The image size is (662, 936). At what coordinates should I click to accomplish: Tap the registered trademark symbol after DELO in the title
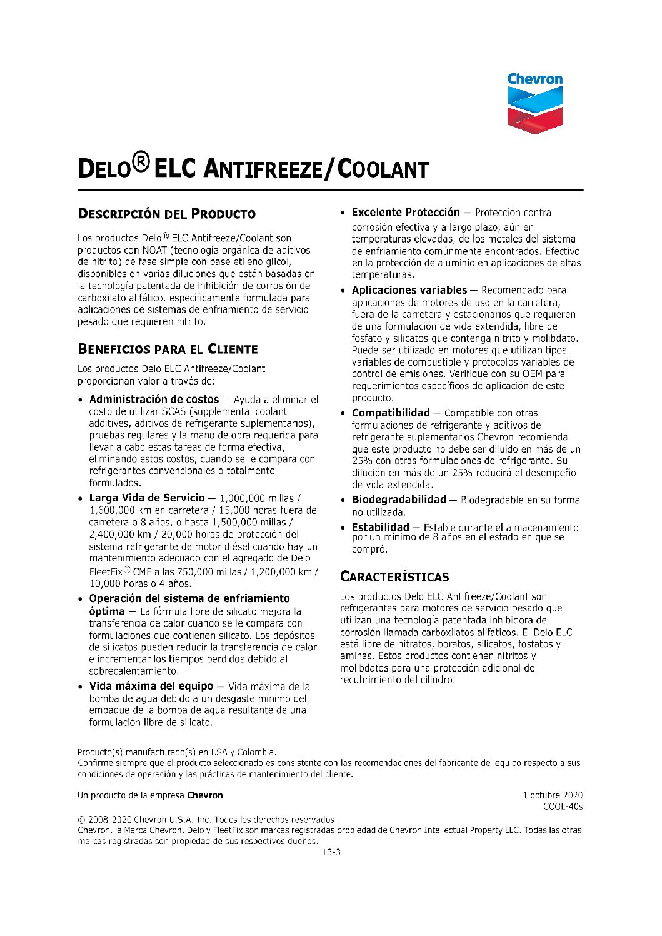point(141,163)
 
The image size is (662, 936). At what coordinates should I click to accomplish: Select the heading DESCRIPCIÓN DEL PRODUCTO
point(166,214)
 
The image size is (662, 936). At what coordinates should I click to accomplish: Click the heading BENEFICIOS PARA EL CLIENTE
point(168,349)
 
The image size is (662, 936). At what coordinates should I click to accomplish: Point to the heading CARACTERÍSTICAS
point(394,576)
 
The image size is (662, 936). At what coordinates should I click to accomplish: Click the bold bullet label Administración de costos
point(154,399)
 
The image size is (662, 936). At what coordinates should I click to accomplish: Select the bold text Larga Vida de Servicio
point(147,498)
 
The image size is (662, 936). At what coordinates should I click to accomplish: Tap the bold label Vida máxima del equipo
point(151,686)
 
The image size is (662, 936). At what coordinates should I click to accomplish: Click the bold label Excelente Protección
point(406,213)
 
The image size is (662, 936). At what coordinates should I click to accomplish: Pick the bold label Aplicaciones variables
point(409,290)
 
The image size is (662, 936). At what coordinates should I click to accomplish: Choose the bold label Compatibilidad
point(391,413)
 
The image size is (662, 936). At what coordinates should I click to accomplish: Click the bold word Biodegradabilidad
point(399,500)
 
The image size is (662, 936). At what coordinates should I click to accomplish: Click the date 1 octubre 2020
point(553,795)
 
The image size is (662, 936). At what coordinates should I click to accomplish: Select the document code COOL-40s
point(563,807)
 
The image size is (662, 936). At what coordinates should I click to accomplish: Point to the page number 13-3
point(331,852)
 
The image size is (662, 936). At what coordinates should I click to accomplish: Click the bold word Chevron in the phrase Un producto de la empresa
point(204,795)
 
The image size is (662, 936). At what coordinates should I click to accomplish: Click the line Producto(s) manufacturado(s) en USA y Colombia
point(177,752)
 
